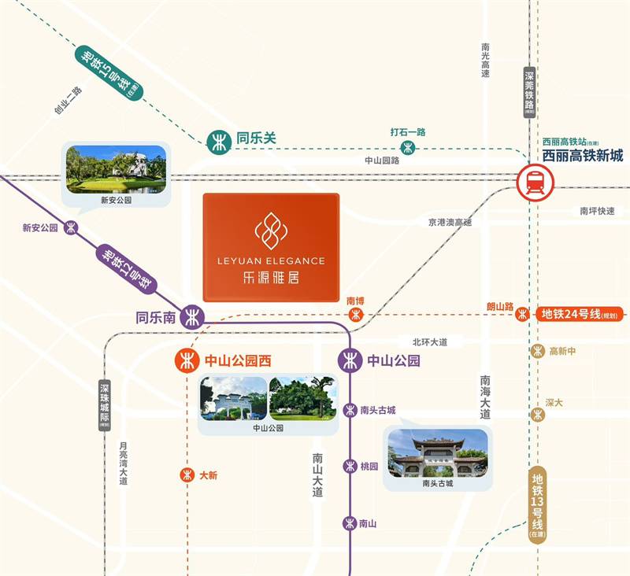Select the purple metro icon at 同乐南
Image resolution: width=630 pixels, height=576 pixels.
point(192,318)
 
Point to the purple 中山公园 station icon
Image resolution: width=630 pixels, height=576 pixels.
point(350,361)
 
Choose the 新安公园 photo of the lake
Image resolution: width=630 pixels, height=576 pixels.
point(116,169)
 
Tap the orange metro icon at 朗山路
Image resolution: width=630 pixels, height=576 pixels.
point(521,314)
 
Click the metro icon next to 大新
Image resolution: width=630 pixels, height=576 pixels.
point(187,475)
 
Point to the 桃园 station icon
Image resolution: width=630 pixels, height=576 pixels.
point(350,466)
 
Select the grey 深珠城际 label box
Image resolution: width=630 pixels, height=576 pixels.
point(106,406)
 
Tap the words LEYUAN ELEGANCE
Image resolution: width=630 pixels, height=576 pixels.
point(271,260)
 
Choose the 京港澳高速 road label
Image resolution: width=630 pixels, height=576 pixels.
point(450,223)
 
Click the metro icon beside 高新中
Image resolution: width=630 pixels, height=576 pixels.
point(538,351)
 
